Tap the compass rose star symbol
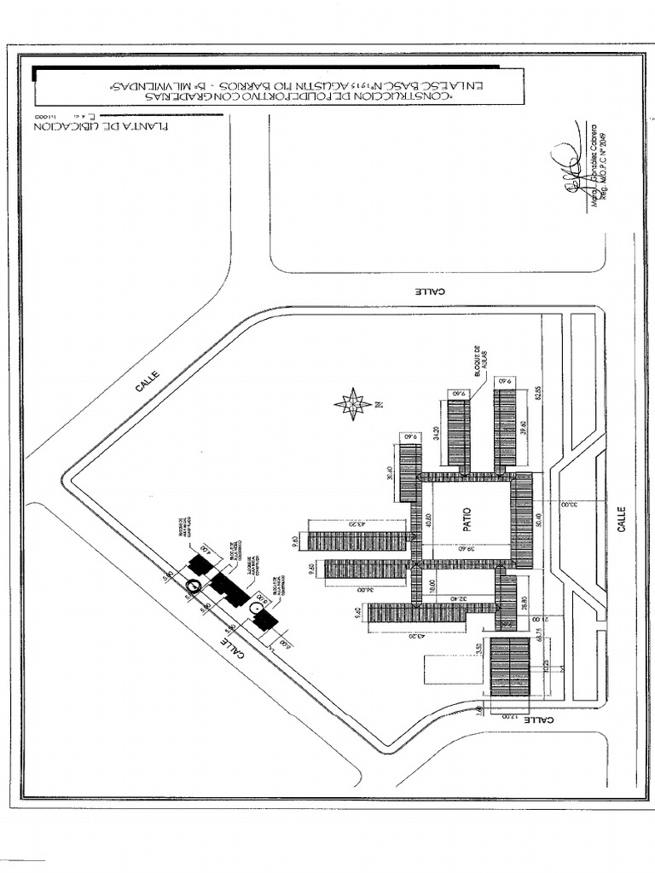tap(352, 403)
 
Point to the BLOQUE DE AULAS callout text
tap(478, 361)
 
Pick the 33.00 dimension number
tap(568, 504)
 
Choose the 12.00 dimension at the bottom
tap(510, 718)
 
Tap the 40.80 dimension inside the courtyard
tap(428, 520)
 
